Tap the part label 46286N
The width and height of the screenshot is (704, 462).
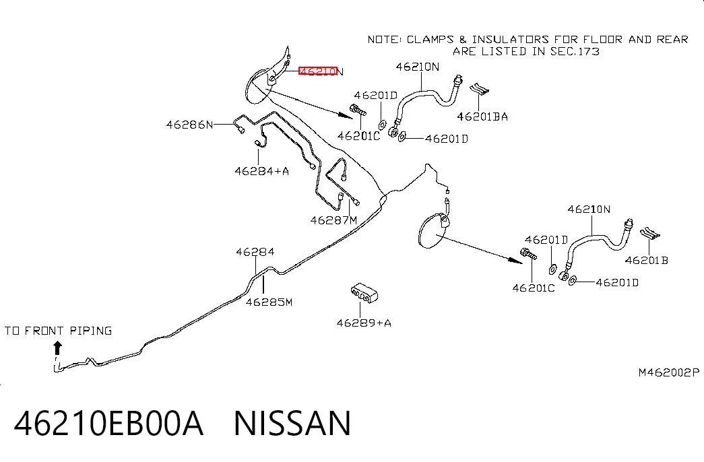point(189,125)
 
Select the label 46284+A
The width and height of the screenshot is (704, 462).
point(262,170)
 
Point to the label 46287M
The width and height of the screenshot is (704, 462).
point(333,220)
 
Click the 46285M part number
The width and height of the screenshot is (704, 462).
point(269,302)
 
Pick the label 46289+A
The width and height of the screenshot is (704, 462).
point(364,323)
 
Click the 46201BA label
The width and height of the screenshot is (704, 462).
point(482,117)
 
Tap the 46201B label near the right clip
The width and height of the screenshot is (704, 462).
point(647,260)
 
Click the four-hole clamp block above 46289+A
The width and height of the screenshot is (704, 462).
point(364,293)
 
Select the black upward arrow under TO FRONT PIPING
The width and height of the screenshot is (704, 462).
point(57,348)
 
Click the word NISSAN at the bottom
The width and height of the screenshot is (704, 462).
point(292,423)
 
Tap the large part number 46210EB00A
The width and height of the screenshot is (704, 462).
point(108,423)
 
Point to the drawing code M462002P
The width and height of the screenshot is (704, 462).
point(669,372)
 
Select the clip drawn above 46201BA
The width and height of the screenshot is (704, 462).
point(479,89)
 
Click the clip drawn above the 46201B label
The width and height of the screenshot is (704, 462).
point(649,233)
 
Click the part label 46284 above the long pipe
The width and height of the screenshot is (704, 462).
point(255,252)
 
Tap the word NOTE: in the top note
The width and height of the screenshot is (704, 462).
point(385,40)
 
